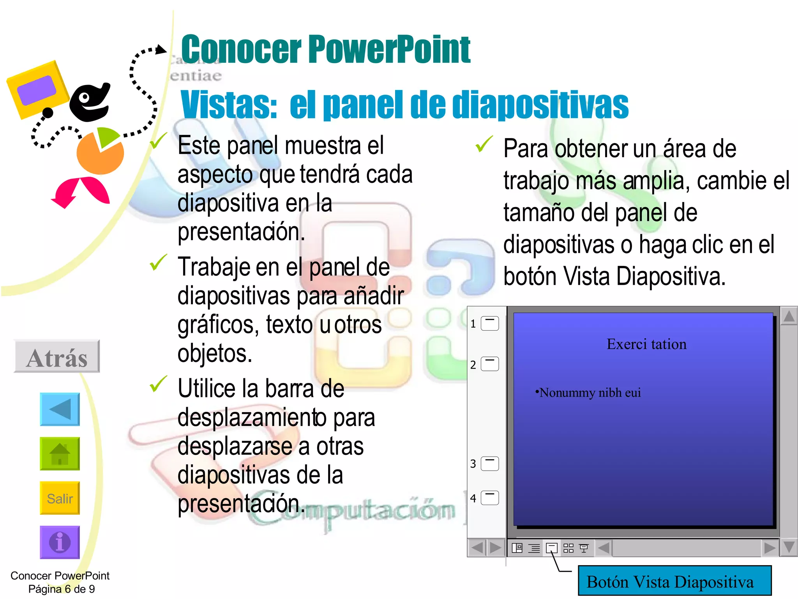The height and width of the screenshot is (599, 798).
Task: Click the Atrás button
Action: coord(57,357)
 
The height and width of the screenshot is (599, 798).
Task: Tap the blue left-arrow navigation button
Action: coord(60,409)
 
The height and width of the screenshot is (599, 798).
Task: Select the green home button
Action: coord(60,454)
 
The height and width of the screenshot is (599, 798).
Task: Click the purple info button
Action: coord(60,542)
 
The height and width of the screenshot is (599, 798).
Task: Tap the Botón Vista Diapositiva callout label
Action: coord(674,582)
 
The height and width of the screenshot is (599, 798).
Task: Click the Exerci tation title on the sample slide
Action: coord(646,344)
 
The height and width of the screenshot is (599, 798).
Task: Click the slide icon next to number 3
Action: coord(490,464)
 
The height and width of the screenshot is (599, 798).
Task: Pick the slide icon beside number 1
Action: coord(490,323)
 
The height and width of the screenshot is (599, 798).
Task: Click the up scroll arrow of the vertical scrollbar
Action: coord(789,316)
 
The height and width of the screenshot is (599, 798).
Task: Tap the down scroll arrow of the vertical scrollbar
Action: coord(789,547)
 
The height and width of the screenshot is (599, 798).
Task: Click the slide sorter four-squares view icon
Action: coord(568,548)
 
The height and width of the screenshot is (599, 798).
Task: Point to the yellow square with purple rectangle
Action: coord(38,90)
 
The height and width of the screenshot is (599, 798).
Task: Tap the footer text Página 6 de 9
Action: coord(62,589)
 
